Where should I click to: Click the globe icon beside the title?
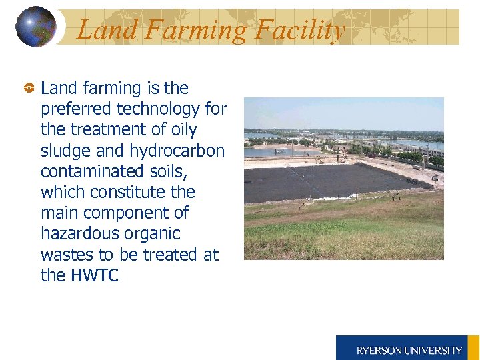(35, 27)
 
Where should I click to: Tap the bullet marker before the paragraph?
(29, 89)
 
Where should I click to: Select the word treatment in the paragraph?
(109, 129)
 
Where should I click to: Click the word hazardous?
(81, 233)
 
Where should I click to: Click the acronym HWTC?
(94, 275)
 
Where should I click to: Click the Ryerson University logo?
(407, 348)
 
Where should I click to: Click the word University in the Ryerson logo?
(434, 350)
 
